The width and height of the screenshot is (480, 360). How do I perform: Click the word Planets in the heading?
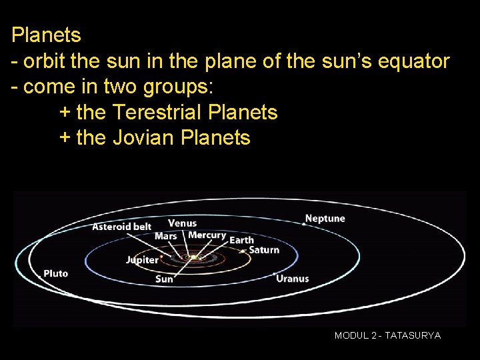click(x=46, y=35)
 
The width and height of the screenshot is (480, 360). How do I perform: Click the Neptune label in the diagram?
click(x=325, y=219)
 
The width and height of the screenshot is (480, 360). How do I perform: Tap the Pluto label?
click(x=55, y=273)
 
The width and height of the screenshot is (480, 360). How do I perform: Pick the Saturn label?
click(x=263, y=250)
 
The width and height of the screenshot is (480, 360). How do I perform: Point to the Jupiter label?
click(x=142, y=260)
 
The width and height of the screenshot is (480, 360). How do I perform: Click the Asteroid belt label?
click(x=121, y=227)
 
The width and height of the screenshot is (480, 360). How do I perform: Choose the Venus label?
click(x=182, y=223)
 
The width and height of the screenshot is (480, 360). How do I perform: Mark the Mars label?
click(x=165, y=236)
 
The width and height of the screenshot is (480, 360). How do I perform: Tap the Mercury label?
click(x=207, y=235)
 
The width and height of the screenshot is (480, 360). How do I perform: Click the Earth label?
click(x=241, y=240)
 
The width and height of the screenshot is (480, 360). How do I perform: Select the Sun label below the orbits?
click(x=164, y=279)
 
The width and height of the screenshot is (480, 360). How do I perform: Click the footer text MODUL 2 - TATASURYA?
click(x=387, y=336)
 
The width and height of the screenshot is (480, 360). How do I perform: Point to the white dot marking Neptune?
click(x=304, y=225)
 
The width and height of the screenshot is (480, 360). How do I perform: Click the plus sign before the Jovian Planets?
click(x=65, y=139)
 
